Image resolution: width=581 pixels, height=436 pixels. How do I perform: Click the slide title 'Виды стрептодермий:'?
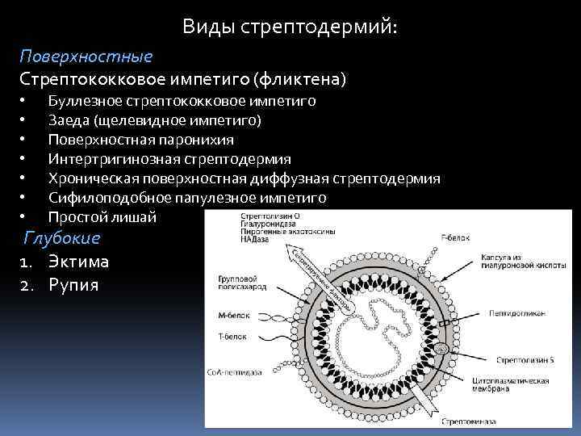tap(290, 27)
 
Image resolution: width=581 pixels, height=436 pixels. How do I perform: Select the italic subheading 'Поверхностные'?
tap(86, 57)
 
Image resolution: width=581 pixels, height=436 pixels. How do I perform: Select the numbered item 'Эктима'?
tap(77, 262)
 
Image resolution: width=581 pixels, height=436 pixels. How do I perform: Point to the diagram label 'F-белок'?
tap(454, 237)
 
